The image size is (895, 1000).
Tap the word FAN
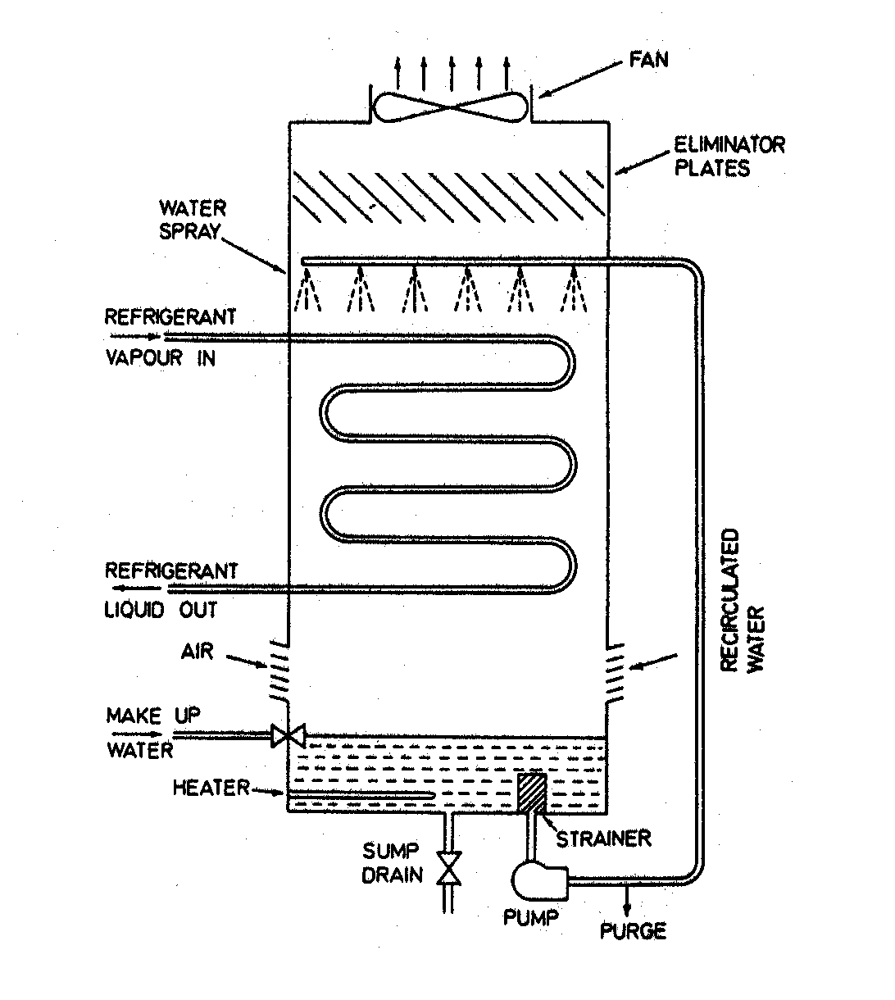pyautogui.click(x=648, y=60)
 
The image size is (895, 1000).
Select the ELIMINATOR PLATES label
pyautogui.click(x=729, y=157)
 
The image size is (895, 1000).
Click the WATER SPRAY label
pyautogui.click(x=193, y=220)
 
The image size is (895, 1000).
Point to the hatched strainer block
pyautogui.click(x=532, y=792)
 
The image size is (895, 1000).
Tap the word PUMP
pyautogui.click(x=531, y=916)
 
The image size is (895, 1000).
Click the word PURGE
pyautogui.click(x=633, y=931)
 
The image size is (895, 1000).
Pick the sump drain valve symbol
pyautogui.click(x=449, y=868)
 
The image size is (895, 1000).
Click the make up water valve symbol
pyautogui.click(x=288, y=735)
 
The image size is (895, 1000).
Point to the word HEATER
pyautogui.click(x=211, y=789)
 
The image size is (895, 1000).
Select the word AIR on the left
pyautogui.click(x=197, y=652)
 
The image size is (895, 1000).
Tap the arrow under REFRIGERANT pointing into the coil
pyautogui.click(x=134, y=336)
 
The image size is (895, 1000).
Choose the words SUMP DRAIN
pyautogui.click(x=393, y=862)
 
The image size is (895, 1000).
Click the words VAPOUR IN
pyautogui.click(x=161, y=358)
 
